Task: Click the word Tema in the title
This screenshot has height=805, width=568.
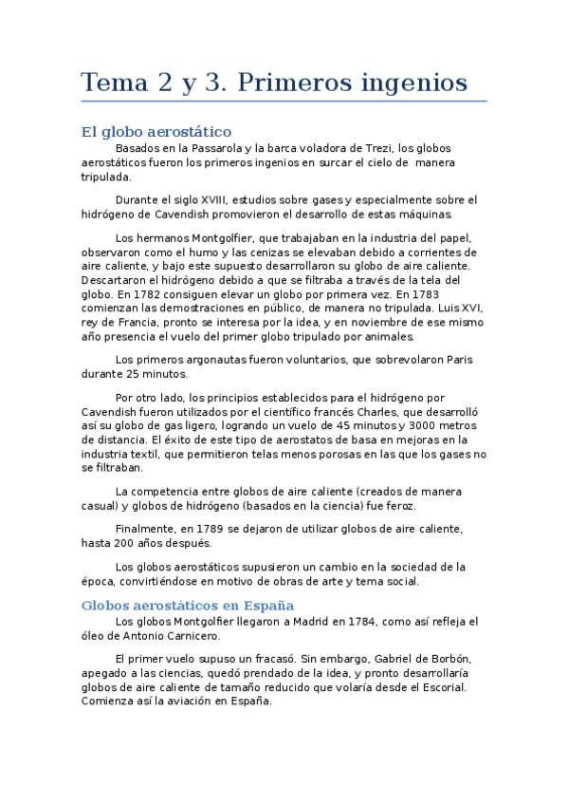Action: [111, 84]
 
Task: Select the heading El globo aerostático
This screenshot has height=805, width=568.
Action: [156, 131]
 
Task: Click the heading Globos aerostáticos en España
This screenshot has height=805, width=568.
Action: [188, 605]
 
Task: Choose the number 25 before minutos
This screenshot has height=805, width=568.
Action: [133, 374]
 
